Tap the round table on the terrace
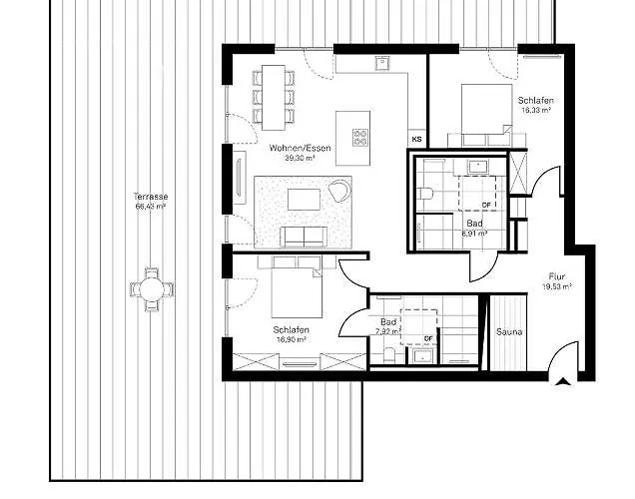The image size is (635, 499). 151,290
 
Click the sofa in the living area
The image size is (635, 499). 302,236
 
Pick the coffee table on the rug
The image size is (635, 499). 303,200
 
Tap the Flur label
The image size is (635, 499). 556,276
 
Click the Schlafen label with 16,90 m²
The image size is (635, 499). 291,329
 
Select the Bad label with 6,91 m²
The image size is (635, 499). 473,224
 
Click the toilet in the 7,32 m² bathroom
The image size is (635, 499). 387,354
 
